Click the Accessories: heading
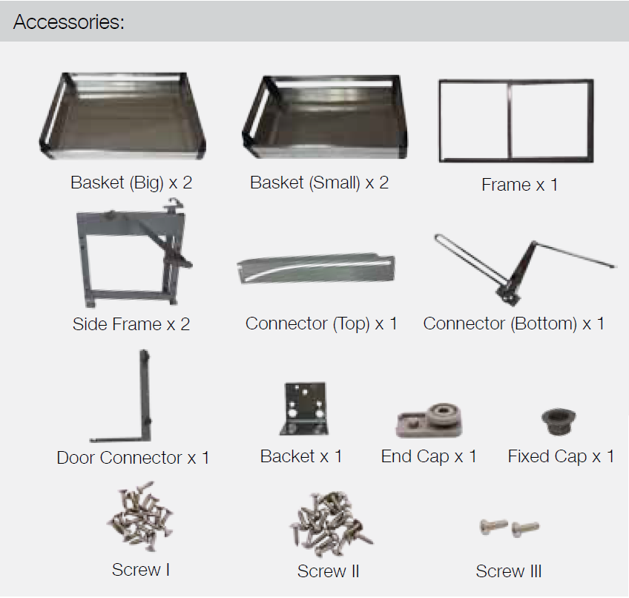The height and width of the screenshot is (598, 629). [x=68, y=22]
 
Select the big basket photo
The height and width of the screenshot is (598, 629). [x=122, y=116]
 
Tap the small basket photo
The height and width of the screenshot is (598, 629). [x=325, y=116]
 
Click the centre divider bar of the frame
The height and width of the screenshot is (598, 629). [x=510, y=120]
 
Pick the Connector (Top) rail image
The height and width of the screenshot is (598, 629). [x=316, y=268]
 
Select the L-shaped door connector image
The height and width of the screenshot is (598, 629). [x=145, y=401]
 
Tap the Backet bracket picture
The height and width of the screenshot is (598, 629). [x=303, y=409]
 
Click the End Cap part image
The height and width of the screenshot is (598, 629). [x=429, y=421]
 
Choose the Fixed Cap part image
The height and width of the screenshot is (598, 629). [x=559, y=421]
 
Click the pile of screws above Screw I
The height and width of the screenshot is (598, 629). [x=140, y=516]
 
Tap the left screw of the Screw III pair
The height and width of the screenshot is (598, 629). [x=493, y=526]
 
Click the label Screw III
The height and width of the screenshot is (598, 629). [x=509, y=571]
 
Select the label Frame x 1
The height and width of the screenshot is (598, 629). [x=519, y=185]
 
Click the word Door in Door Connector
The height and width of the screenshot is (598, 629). [x=76, y=458]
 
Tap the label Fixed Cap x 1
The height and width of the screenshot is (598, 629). [x=561, y=457]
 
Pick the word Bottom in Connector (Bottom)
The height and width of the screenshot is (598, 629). [x=545, y=323]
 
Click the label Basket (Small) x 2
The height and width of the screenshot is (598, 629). [x=319, y=183]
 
